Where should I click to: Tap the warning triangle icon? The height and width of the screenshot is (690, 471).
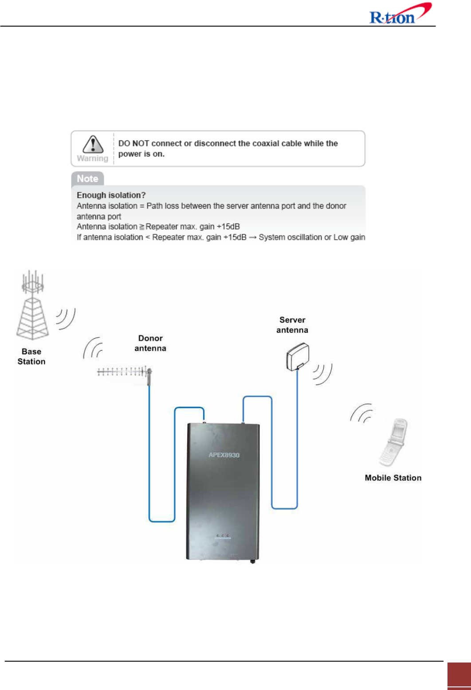coord(93,144)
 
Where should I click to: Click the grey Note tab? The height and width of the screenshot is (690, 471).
coord(87,179)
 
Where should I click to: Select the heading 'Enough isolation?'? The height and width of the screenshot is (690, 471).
coord(111,195)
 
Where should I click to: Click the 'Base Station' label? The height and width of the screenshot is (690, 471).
coord(31,356)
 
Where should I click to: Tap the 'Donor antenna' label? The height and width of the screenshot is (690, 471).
coord(150,343)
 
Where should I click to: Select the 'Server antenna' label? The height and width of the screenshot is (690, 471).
coord(292,325)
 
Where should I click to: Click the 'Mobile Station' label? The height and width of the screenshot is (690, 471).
coord(393,478)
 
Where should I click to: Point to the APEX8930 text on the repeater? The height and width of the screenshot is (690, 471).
coord(224,455)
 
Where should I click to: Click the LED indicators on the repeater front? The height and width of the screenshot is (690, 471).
coord(223,536)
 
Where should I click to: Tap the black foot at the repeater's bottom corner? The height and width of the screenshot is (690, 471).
coord(253,561)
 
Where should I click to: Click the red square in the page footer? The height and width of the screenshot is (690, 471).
coord(459,674)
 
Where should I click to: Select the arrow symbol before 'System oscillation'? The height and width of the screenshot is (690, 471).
coord(252,238)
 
